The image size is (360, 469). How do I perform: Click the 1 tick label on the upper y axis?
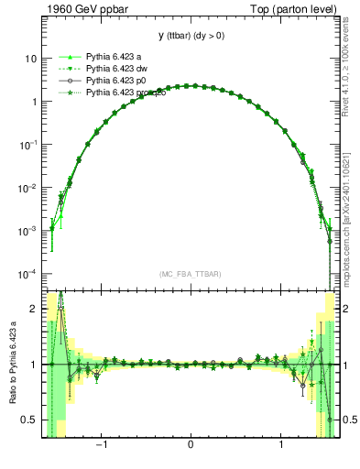pyautogui.click(x=34, y=101)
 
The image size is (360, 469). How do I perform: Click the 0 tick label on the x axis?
pyautogui.click(x=191, y=446)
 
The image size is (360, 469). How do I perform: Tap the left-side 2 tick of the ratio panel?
pyautogui.click(x=34, y=310)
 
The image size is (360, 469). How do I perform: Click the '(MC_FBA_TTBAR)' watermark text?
pyautogui.click(x=191, y=274)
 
